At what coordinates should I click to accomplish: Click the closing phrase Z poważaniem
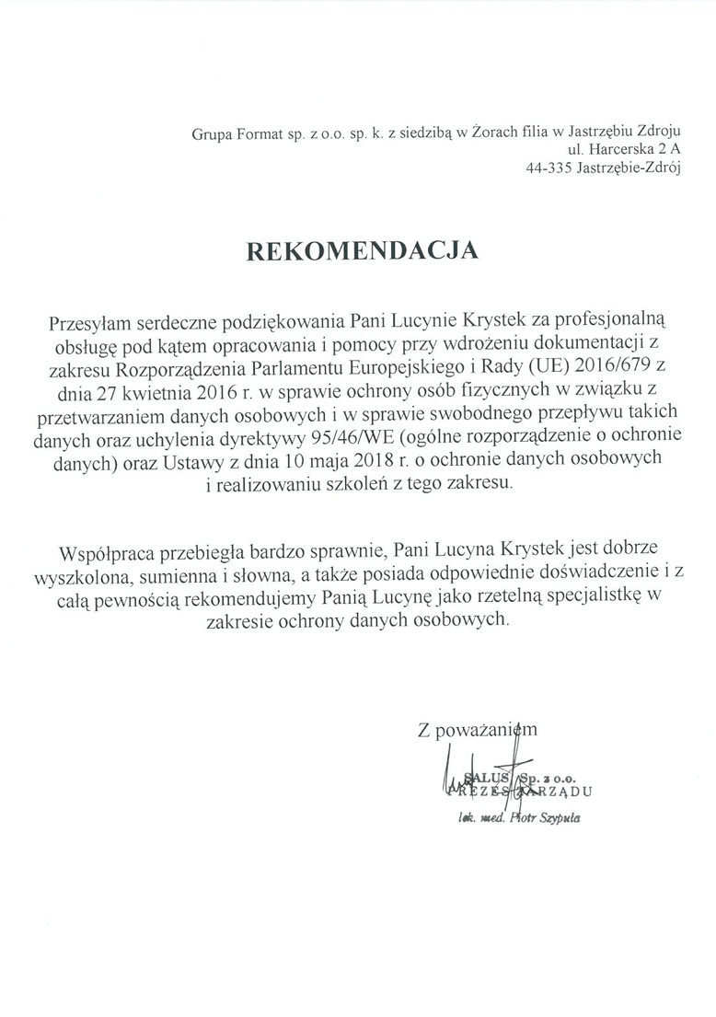[477, 731]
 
